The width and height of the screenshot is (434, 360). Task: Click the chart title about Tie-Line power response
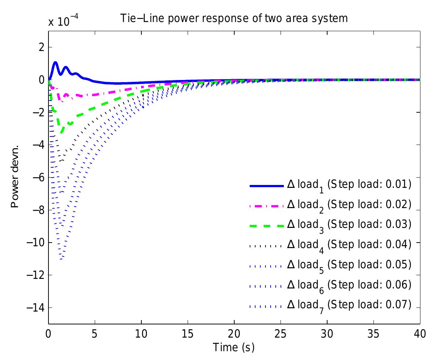234,18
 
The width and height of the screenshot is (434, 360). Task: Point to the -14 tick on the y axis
36,308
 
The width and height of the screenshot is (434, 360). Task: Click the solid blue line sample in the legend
267,186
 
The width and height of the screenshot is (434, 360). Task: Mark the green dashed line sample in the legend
267,226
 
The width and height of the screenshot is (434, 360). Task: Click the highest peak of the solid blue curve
55,62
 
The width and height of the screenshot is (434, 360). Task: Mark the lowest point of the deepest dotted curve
61,260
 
